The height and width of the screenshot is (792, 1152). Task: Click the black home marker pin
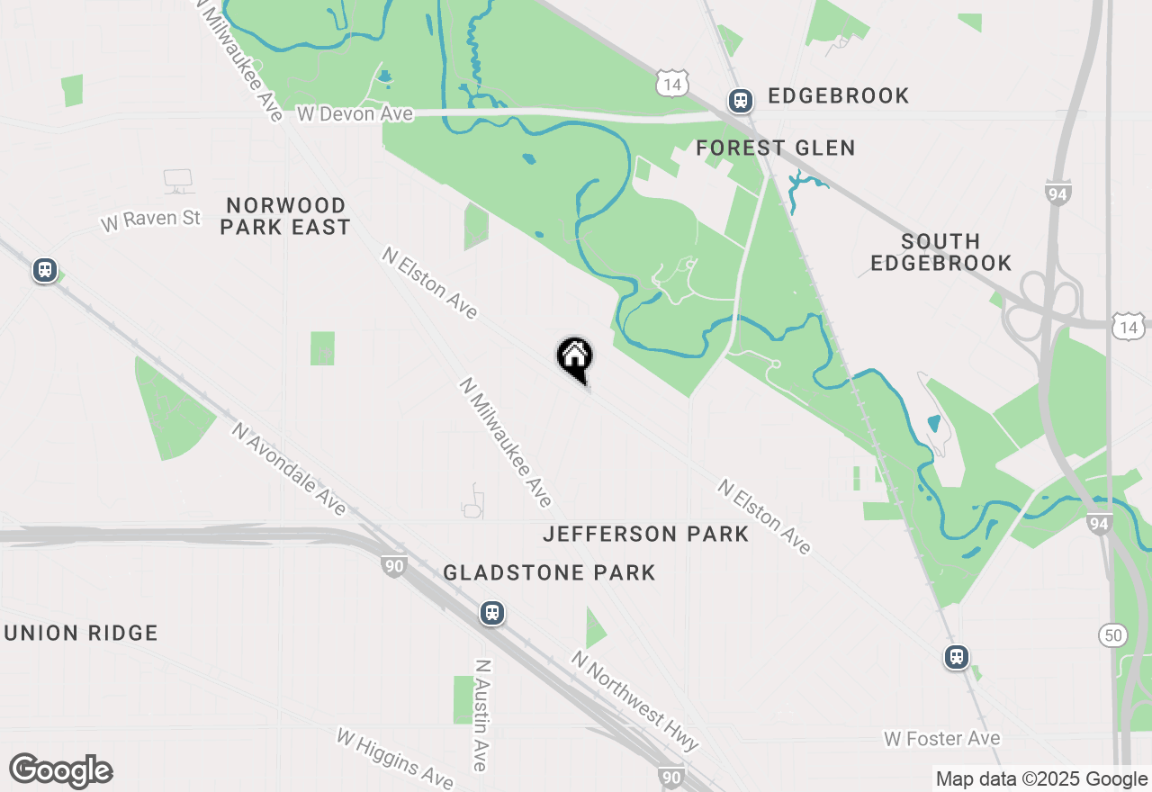point(574,356)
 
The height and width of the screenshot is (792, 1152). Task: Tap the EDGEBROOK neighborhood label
point(838,95)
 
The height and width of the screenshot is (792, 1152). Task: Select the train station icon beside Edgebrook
point(740,100)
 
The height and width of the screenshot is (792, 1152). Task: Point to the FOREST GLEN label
point(776,148)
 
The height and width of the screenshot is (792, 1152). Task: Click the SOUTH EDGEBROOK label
point(940,252)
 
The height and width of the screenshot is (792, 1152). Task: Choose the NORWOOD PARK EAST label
point(285,216)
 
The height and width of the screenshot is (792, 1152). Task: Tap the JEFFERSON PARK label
point(646,534)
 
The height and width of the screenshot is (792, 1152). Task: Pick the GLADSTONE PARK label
point(549,572)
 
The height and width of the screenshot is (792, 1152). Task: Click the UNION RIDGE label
point(81,633)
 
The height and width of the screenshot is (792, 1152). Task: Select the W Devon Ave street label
point(355,113)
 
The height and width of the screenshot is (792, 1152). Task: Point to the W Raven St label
point(151,220)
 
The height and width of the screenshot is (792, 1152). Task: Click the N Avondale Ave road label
point(289,469)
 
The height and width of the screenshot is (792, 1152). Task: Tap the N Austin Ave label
point(482,715)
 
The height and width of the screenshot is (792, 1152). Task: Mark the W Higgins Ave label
point(395,756)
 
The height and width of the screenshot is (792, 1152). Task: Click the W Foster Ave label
point(941,739)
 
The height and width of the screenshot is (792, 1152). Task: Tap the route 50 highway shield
point(1113,635)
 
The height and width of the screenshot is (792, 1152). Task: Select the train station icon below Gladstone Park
point(491,614)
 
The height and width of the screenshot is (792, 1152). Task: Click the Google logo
point(60,770)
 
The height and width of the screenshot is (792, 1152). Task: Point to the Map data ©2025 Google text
point(1041,779)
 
